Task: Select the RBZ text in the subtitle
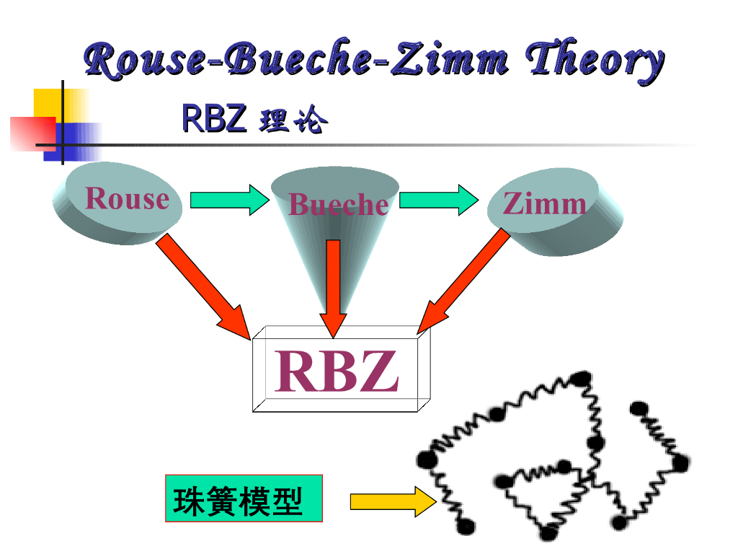click(x=214, y=119)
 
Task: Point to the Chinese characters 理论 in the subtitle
click(x=293, y=120)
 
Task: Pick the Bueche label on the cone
click(x=338, y=205)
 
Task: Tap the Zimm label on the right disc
click(x=544, y=203)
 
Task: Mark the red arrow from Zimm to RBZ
click(x=465, y=283)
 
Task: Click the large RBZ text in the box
click(x=336, y=371)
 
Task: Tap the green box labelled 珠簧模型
click(x=244, y=498)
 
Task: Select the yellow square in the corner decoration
click(x=52, y=105)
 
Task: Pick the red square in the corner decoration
click(x=32, y=133)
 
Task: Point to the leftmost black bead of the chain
click(x=424, y=458)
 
